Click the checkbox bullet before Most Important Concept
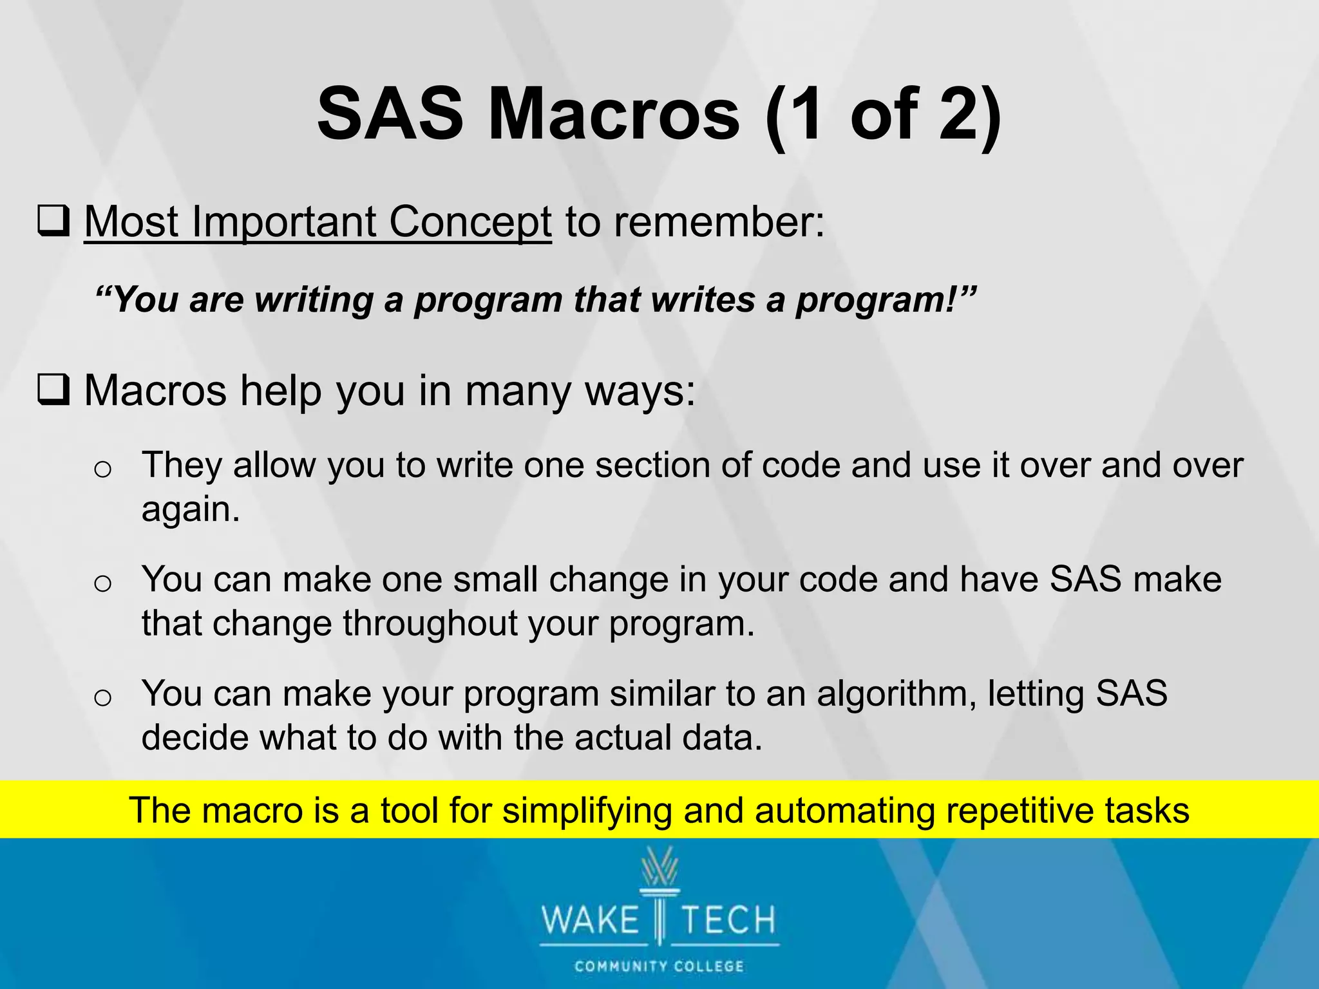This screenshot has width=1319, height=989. tap(54, 221)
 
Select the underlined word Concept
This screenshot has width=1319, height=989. tap(470, 221)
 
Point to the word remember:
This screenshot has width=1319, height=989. tap(719, 221)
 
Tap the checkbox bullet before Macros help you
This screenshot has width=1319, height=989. tap(54, 391)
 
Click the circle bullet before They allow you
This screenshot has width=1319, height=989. tap(102, 468)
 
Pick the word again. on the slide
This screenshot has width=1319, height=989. tap(191, 509)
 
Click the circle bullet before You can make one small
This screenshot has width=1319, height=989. tap(102, 583)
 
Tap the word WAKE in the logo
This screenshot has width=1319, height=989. tap(590, 920)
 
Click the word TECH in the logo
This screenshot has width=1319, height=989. tap(728, 920)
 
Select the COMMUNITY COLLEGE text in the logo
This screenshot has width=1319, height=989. tap(659, 966)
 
